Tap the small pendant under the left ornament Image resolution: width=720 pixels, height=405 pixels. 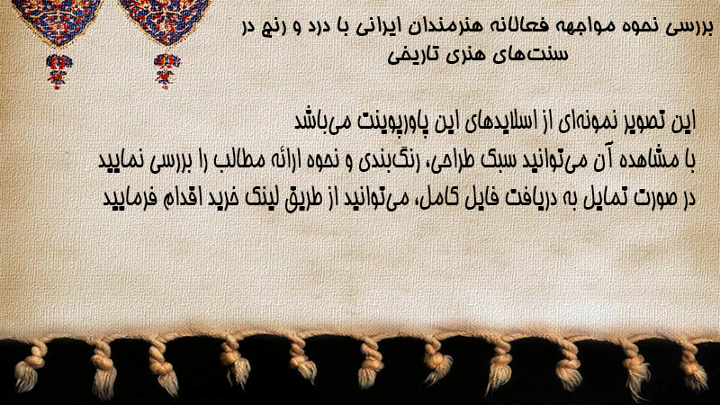[x=58, y=71]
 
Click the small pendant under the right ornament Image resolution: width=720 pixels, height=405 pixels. [x=166, y=70]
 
